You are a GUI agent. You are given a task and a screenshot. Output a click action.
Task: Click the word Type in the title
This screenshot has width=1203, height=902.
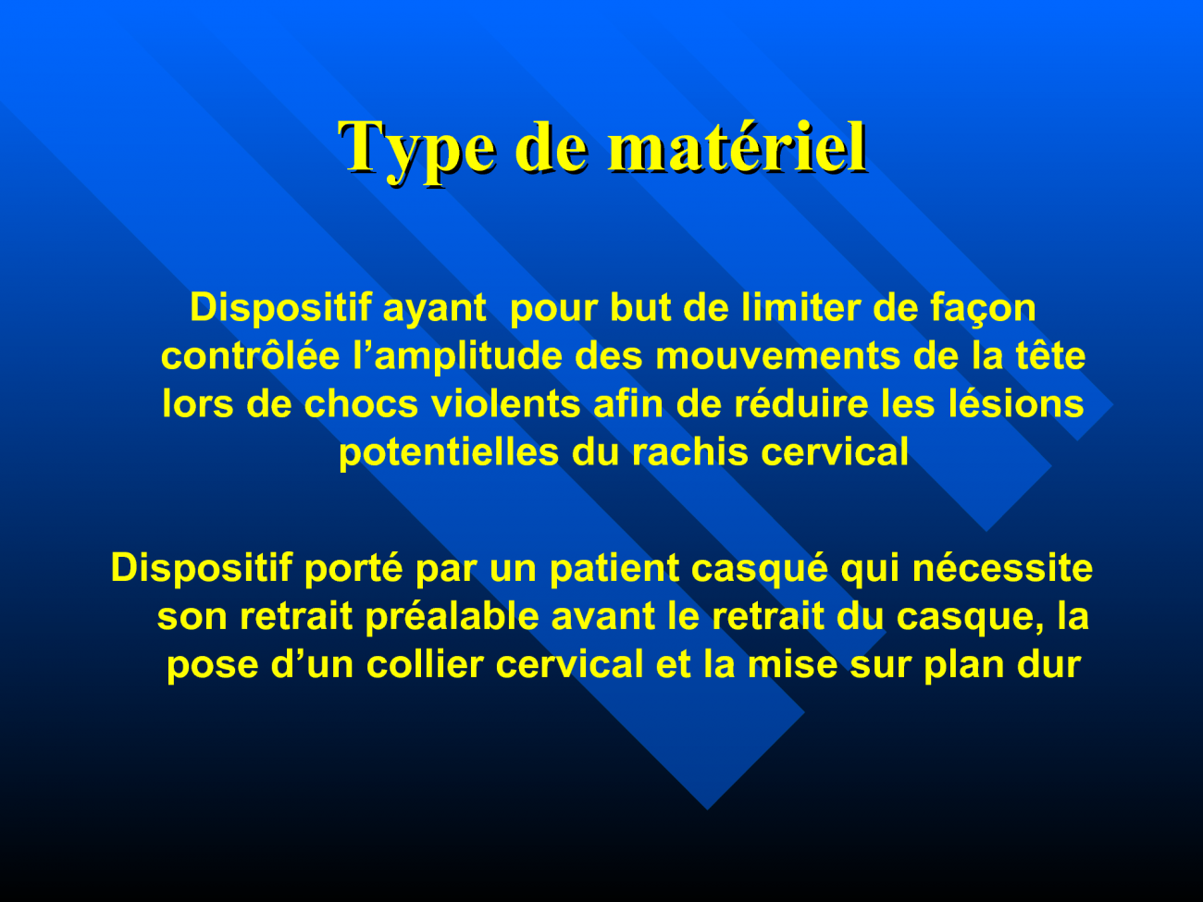[417, 149]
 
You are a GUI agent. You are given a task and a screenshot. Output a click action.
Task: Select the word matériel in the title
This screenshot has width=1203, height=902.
[738, 147]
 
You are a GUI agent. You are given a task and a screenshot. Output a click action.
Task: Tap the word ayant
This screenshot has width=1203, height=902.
[435, 309]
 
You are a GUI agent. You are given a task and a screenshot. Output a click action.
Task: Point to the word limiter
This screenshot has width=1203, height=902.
[800, 307]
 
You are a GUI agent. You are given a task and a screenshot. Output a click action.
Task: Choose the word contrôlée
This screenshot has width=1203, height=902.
[250, 355]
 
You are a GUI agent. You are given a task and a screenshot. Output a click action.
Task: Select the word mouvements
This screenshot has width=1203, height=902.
[777, 357]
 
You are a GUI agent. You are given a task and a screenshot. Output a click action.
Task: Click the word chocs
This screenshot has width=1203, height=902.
[361, 403]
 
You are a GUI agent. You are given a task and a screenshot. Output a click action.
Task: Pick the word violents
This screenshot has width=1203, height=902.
[505, 403]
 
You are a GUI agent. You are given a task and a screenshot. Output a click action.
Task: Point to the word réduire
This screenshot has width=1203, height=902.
[800, 403]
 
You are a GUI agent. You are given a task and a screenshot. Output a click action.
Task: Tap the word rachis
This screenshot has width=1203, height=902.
[690, 451]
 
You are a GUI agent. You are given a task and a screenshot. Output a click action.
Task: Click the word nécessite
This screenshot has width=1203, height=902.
[1002, 567]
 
